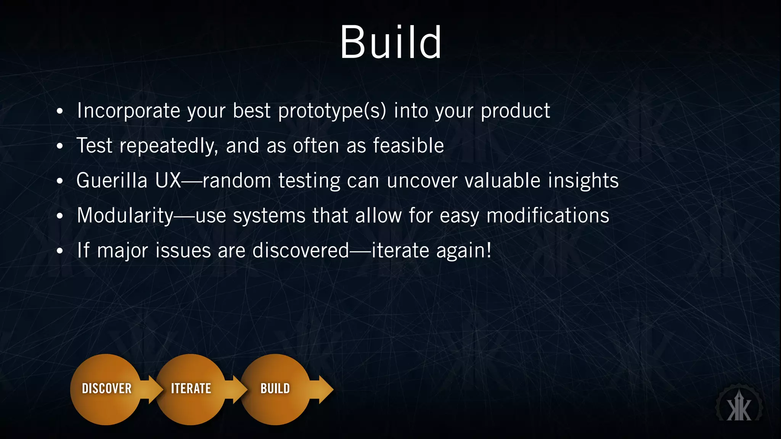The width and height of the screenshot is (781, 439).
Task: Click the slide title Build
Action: [390, 42]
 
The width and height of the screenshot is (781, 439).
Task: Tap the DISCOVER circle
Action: [106, 389]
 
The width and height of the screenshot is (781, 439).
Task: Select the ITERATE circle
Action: [191, 389]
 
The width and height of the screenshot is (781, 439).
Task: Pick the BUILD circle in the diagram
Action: [275, 389]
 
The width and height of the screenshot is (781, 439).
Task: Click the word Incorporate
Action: [128, 111]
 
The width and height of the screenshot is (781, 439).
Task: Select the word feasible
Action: [408, 146]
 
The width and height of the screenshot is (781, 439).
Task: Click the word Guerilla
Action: [112, 181]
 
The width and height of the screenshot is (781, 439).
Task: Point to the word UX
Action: [168, 181]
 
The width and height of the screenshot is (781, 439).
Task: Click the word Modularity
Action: [125, 216]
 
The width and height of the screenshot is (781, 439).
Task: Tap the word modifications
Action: [548, 216]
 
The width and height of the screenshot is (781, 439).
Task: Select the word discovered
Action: [301, 251]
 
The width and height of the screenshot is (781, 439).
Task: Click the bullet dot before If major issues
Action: [59, 252]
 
